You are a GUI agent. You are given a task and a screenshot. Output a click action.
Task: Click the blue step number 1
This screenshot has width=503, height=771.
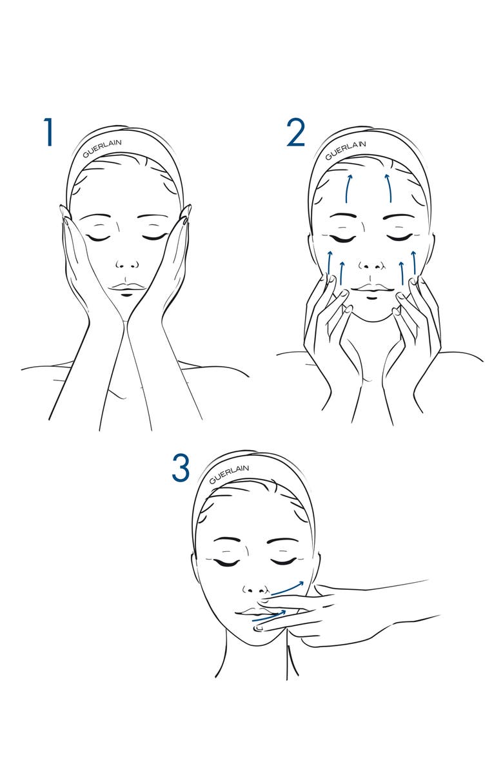pyautogui.click(x=48, y=132)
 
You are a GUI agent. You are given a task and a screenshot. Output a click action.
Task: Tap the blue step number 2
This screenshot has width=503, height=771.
pyautogui.click(x=296, y=132)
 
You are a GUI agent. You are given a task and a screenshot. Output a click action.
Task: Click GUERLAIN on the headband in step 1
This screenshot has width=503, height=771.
pyautogui.click(x=103, y=148)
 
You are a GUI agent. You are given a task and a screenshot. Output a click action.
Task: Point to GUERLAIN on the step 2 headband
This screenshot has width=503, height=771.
pyautogui.click(x=346, y=150)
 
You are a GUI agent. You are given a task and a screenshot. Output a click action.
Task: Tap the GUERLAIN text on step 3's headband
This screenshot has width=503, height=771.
pyautogui.click(x=229, y=474)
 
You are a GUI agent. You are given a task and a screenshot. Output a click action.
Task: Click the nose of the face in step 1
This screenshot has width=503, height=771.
pyautogui.click(x=127, y=265)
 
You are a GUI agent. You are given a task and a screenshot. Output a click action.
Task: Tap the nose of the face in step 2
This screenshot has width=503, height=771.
pyautogui.click(x=371, y=266)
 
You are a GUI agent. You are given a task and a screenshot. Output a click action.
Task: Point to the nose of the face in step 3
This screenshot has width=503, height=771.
pyautogui.click(x=256, y=589)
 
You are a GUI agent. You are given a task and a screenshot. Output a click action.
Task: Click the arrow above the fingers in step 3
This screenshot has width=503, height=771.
pyautogui.click(x=288, y=587)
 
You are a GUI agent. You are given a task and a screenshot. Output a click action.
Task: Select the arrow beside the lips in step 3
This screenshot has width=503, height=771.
pyautogui.click(x=270, y=616)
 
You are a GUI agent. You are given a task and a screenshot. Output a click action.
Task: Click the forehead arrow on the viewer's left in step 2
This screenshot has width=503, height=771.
pyautogui.click(x=349, y=188)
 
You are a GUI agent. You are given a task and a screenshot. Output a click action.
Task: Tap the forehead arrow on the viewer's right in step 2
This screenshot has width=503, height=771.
pyautogui.click(x=389, y=188)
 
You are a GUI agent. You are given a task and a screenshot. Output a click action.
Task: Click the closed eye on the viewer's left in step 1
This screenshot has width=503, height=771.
pyautogui.click(x=97, y=237)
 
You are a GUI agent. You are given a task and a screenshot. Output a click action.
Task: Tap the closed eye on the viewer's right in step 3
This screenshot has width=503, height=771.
pyautogui.click(x=282, y=561)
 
